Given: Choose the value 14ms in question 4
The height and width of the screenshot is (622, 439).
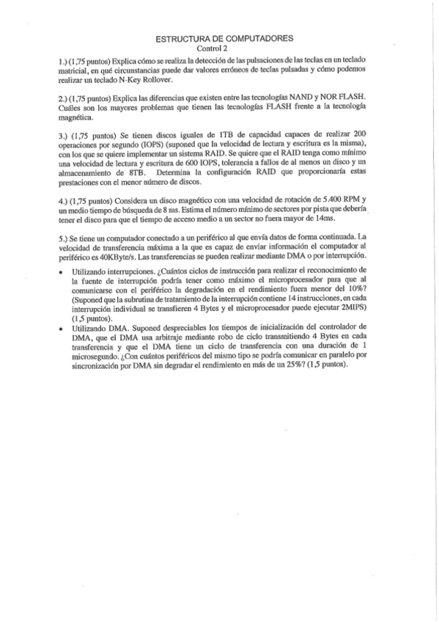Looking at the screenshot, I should (323, 219).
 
